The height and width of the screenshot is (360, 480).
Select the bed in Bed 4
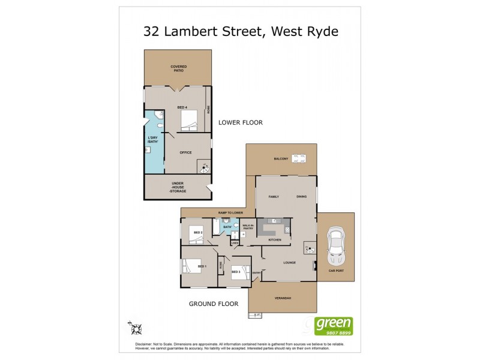point(188,122)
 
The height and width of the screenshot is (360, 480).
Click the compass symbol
point(135,328)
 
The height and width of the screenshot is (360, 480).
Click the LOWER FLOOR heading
point(241,122)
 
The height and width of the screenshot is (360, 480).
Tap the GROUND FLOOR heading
point(214,304)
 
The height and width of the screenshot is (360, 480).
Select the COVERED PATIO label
point(177,68)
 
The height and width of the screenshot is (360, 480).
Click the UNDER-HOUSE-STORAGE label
point(177,187)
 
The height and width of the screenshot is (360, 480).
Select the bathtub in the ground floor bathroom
point(216,229)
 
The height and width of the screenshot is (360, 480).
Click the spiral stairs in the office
point(205,167)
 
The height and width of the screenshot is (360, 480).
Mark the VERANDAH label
point(282,298)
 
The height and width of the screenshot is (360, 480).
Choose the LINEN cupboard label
point(235,242)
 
